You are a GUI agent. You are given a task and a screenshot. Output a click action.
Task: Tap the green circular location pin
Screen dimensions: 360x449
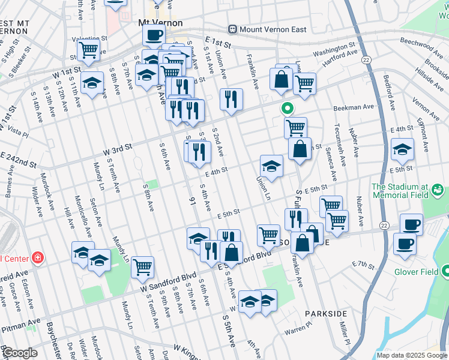288,109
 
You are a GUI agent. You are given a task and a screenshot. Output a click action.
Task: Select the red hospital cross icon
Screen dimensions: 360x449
38,258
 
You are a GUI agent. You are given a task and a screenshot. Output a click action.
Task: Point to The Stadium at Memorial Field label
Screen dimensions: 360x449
400,190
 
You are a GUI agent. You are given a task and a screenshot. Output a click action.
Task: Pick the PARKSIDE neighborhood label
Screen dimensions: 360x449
325,314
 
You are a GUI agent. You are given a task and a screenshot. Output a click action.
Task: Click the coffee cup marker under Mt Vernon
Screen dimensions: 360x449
154,35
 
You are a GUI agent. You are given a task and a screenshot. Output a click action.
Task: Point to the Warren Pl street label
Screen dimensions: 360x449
299,330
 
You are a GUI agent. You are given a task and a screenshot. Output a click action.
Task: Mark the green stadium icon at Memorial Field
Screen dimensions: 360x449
438,190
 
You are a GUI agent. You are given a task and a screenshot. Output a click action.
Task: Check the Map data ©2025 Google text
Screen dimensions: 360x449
411,355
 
